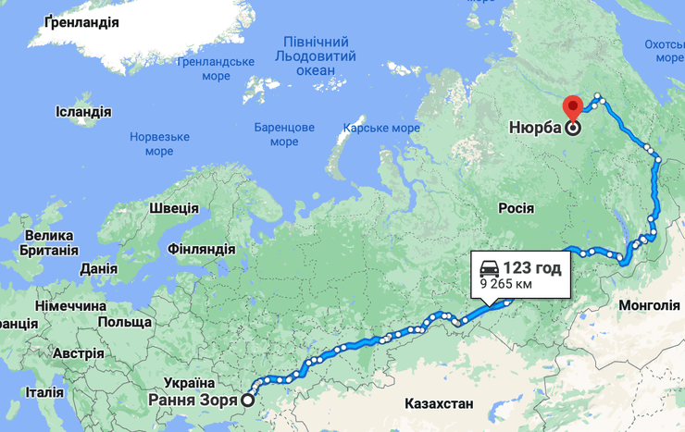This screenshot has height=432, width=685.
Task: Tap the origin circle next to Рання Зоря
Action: click(x=247, y=401)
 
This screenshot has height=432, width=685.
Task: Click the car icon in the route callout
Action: click(x=488, y=268)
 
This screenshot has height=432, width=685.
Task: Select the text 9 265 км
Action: click(x=505, y=285)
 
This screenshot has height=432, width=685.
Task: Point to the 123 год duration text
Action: click(x=532, y=268)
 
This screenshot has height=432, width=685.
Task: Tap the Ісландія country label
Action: click(x=83, y=112)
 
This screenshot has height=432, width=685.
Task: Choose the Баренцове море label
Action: click(x=284, y=134)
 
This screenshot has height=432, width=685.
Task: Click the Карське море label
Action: click(x=381, y=128)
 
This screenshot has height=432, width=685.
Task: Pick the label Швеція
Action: click(x=173, y=207)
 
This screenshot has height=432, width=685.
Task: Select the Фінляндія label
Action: click(x=202, y=250)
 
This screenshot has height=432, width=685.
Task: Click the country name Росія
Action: click(x=517, y=208)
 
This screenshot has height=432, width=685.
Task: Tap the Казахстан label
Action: click(x=439, y=403)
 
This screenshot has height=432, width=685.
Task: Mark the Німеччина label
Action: click(x=70, y=305)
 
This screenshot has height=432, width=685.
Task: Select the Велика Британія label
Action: click(x=51, y=242)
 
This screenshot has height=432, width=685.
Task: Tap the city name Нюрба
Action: click(x=534, y=129)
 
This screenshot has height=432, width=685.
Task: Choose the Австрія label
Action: click(x=79, y=353)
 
